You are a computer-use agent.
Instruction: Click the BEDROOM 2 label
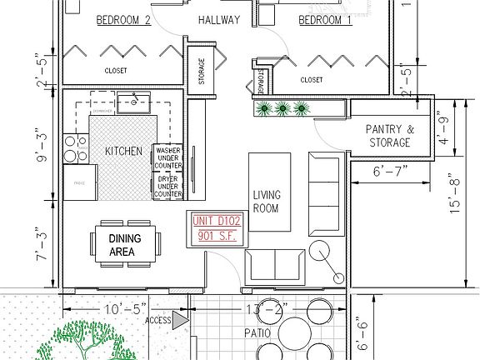coord(123,20)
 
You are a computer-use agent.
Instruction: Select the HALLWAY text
coord(219,20)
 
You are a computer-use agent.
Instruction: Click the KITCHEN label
coord(123,151)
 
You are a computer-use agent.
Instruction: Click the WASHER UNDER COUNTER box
coord(168,157)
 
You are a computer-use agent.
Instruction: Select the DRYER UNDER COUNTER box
coord(168,185)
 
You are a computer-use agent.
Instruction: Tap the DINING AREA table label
coord(125,244)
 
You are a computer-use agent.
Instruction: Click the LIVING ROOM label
coord(267,202)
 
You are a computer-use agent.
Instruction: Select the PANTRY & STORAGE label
coord(389,136)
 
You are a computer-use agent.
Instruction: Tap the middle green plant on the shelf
coord(282,107)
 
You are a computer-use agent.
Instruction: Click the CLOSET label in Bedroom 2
coord(116,71)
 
